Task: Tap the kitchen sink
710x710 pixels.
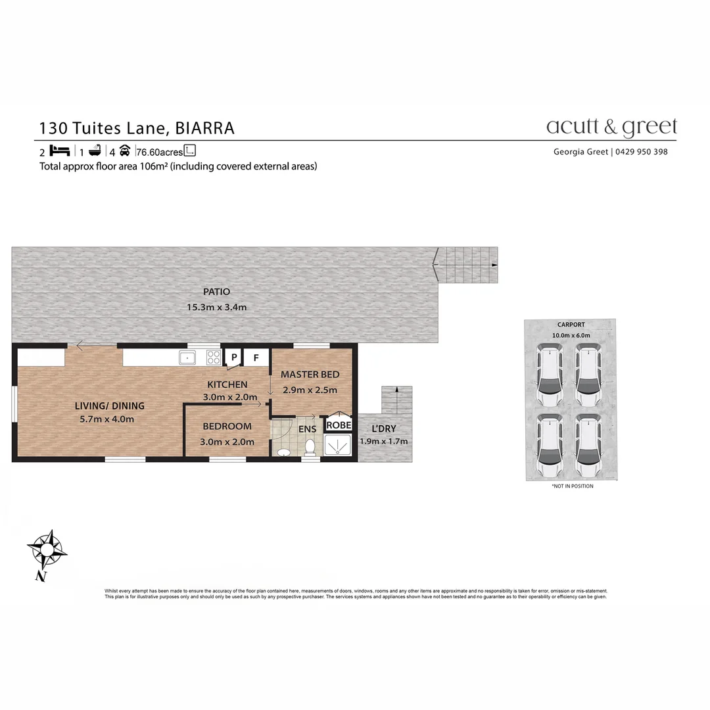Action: pos(188,357)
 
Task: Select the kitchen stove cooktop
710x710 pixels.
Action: pos(214,357)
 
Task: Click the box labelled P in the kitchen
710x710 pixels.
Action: pos(233,358)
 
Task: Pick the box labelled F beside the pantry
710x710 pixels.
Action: pos(256,358)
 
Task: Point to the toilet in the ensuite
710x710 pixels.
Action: pos(309,448)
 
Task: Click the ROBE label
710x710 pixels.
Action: pos(339,425)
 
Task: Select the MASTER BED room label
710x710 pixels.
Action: pos(310,375)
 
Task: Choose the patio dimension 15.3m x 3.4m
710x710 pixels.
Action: pos(218,306)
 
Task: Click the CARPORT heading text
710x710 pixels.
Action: pos(571,325)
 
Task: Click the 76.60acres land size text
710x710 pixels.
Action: pos(159,153)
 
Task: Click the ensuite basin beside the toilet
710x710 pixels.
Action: pos(283,453)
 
